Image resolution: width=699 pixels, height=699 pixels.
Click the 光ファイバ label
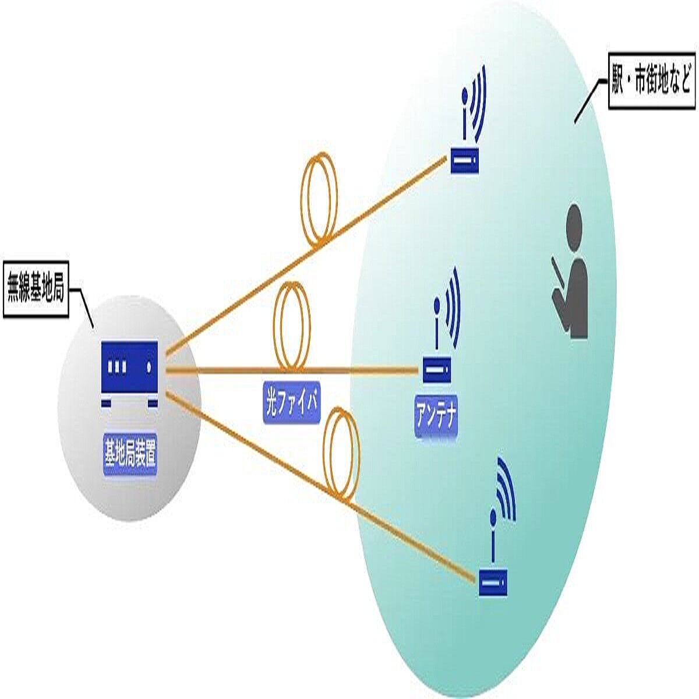pyautogui.click(x=292, y=404)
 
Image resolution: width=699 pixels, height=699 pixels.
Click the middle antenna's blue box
pyautogui.click(x=435, y=370)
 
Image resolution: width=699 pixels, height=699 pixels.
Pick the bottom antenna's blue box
pyautogui.click(x=493, y=582)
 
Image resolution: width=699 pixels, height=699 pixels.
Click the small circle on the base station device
pyautogui.click(x=149, y=367)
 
